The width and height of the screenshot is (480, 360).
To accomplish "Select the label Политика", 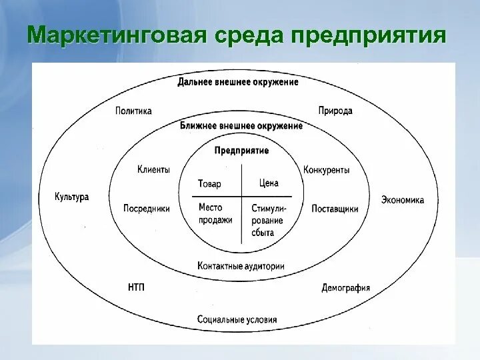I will (133, 111).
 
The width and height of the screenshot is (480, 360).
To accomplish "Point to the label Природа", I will (335, 111).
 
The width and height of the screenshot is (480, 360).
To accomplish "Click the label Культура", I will (71, 197).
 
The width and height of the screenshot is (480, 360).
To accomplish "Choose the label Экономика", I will (403, 199).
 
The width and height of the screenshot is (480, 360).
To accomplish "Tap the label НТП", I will (135, 287).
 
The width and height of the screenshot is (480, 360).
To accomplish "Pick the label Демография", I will (345, 288).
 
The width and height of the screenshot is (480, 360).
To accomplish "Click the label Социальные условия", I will (237, 319).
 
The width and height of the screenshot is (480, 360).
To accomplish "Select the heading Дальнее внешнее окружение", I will (237, 83).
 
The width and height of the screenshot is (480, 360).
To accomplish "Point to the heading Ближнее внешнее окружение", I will (241, 125).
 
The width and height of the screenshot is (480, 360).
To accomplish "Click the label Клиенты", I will (153, 169).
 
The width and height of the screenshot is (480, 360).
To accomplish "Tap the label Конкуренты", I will (327, 170).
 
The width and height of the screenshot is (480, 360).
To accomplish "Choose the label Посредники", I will (147, 209).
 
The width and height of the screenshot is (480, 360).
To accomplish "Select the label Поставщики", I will (335, 209).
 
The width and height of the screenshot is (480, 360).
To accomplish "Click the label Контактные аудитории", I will (241, 265).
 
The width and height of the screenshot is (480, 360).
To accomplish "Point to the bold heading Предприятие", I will (241, 151).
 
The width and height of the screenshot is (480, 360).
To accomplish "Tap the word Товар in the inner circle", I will (209, 184).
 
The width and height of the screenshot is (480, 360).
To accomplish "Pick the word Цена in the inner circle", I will (268, 183).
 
